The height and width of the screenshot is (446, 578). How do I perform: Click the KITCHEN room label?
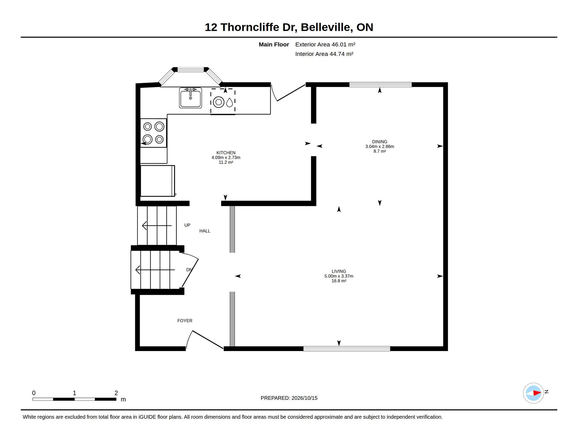point(226,153)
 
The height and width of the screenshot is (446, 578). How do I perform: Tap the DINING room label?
point(379,142)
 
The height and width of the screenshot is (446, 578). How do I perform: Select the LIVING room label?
point(339,271)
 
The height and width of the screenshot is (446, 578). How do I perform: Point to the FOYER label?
point(185,321)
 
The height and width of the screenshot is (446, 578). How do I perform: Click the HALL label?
point(205,231)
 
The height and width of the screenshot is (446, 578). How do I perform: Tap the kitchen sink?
point(190,98)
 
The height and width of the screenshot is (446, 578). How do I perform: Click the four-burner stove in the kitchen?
point(154,133)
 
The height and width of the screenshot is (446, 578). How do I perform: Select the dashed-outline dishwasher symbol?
point(223,101)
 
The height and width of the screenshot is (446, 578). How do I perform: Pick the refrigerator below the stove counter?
point(158,181)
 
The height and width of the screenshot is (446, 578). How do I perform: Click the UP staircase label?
point(187,225)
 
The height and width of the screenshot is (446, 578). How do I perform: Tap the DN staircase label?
point(189,270)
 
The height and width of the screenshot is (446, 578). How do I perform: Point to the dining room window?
point(380,84)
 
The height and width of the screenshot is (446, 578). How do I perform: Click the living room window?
point(347,348)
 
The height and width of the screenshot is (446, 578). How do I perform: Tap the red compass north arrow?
point(537,393)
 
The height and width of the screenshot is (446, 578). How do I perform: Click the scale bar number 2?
point(116,393)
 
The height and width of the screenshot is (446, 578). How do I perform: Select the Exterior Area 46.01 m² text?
point(325,44)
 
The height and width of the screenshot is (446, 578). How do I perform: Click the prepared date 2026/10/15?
point(304,398)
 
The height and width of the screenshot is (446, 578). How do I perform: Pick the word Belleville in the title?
point(327,27)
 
